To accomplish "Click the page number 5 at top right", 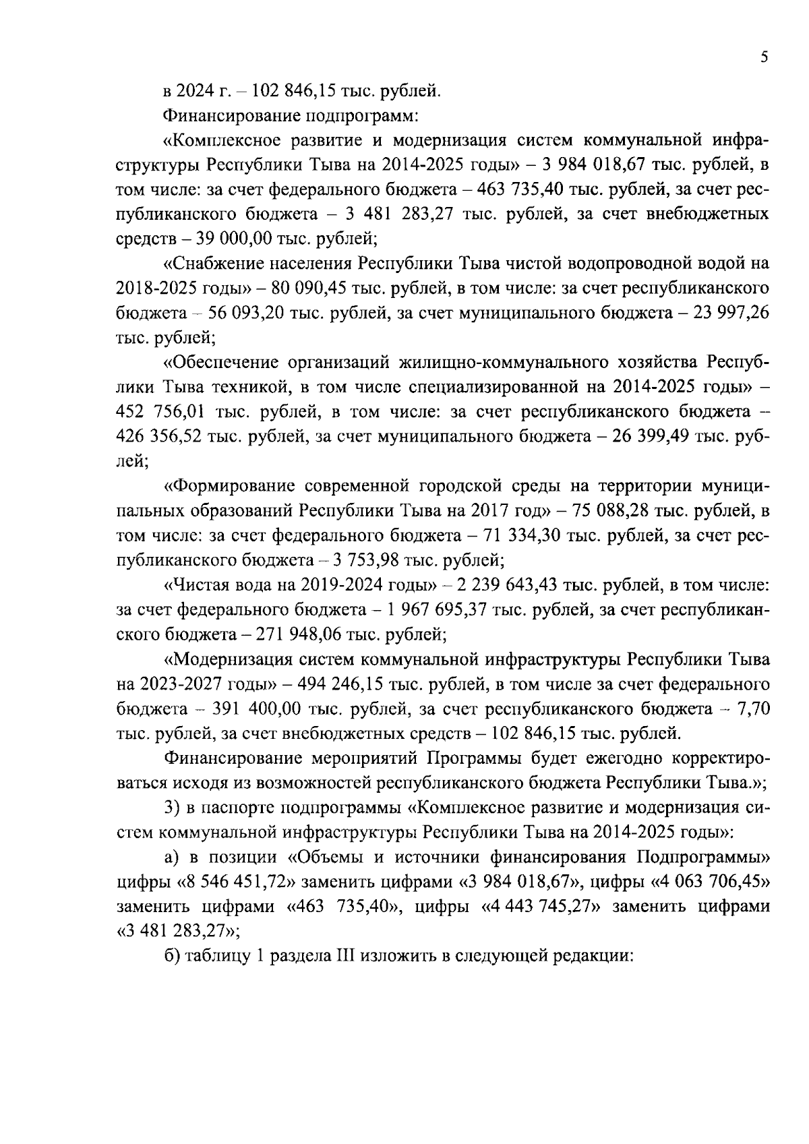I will point(763,58).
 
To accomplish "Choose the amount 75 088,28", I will point(609,510).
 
